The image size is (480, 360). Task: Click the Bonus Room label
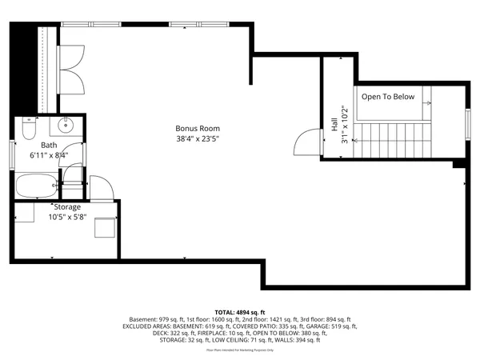pos(198,128)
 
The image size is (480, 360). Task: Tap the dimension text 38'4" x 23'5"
pos(198,138)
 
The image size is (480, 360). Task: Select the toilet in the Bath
pos(29,128)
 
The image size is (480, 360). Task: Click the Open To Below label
pos(388,97)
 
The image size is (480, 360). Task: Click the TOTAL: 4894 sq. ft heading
pos(240,312)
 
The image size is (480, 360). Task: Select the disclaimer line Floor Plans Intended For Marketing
pos(240,350)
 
